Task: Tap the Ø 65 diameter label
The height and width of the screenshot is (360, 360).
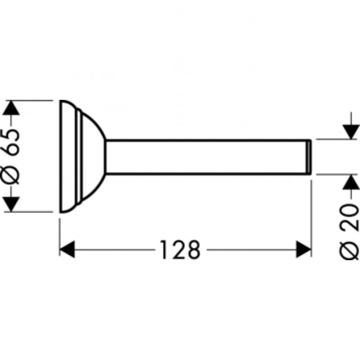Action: (12, 155)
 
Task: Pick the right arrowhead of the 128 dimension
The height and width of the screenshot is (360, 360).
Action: (304, 249)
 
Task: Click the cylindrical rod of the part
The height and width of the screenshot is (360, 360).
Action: (207, 156)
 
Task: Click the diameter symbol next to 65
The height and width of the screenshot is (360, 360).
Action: (12, 176)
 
